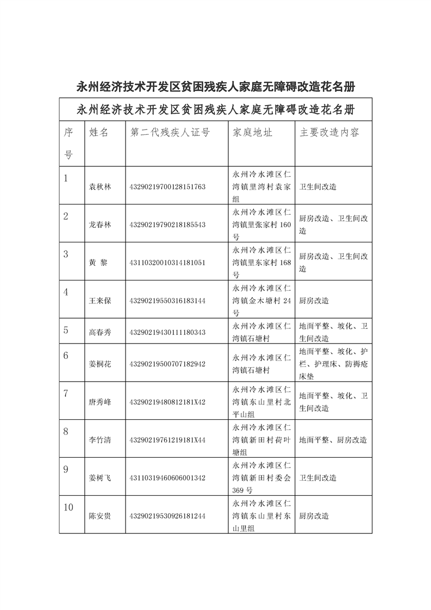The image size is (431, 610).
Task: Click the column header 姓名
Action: [99, 133]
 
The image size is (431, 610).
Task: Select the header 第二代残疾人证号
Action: [170, 133]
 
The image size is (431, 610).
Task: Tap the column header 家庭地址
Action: [252, 133]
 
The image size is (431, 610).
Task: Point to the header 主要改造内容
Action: [329, 133]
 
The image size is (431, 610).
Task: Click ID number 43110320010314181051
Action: [167, 263]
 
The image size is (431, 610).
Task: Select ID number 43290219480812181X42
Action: [167, 402]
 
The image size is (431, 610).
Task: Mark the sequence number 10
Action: [68, 508]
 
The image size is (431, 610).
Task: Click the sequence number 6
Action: [66, 356]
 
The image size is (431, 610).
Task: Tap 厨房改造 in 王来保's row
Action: [314, 301]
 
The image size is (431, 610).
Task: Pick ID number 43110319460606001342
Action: [167, 478]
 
